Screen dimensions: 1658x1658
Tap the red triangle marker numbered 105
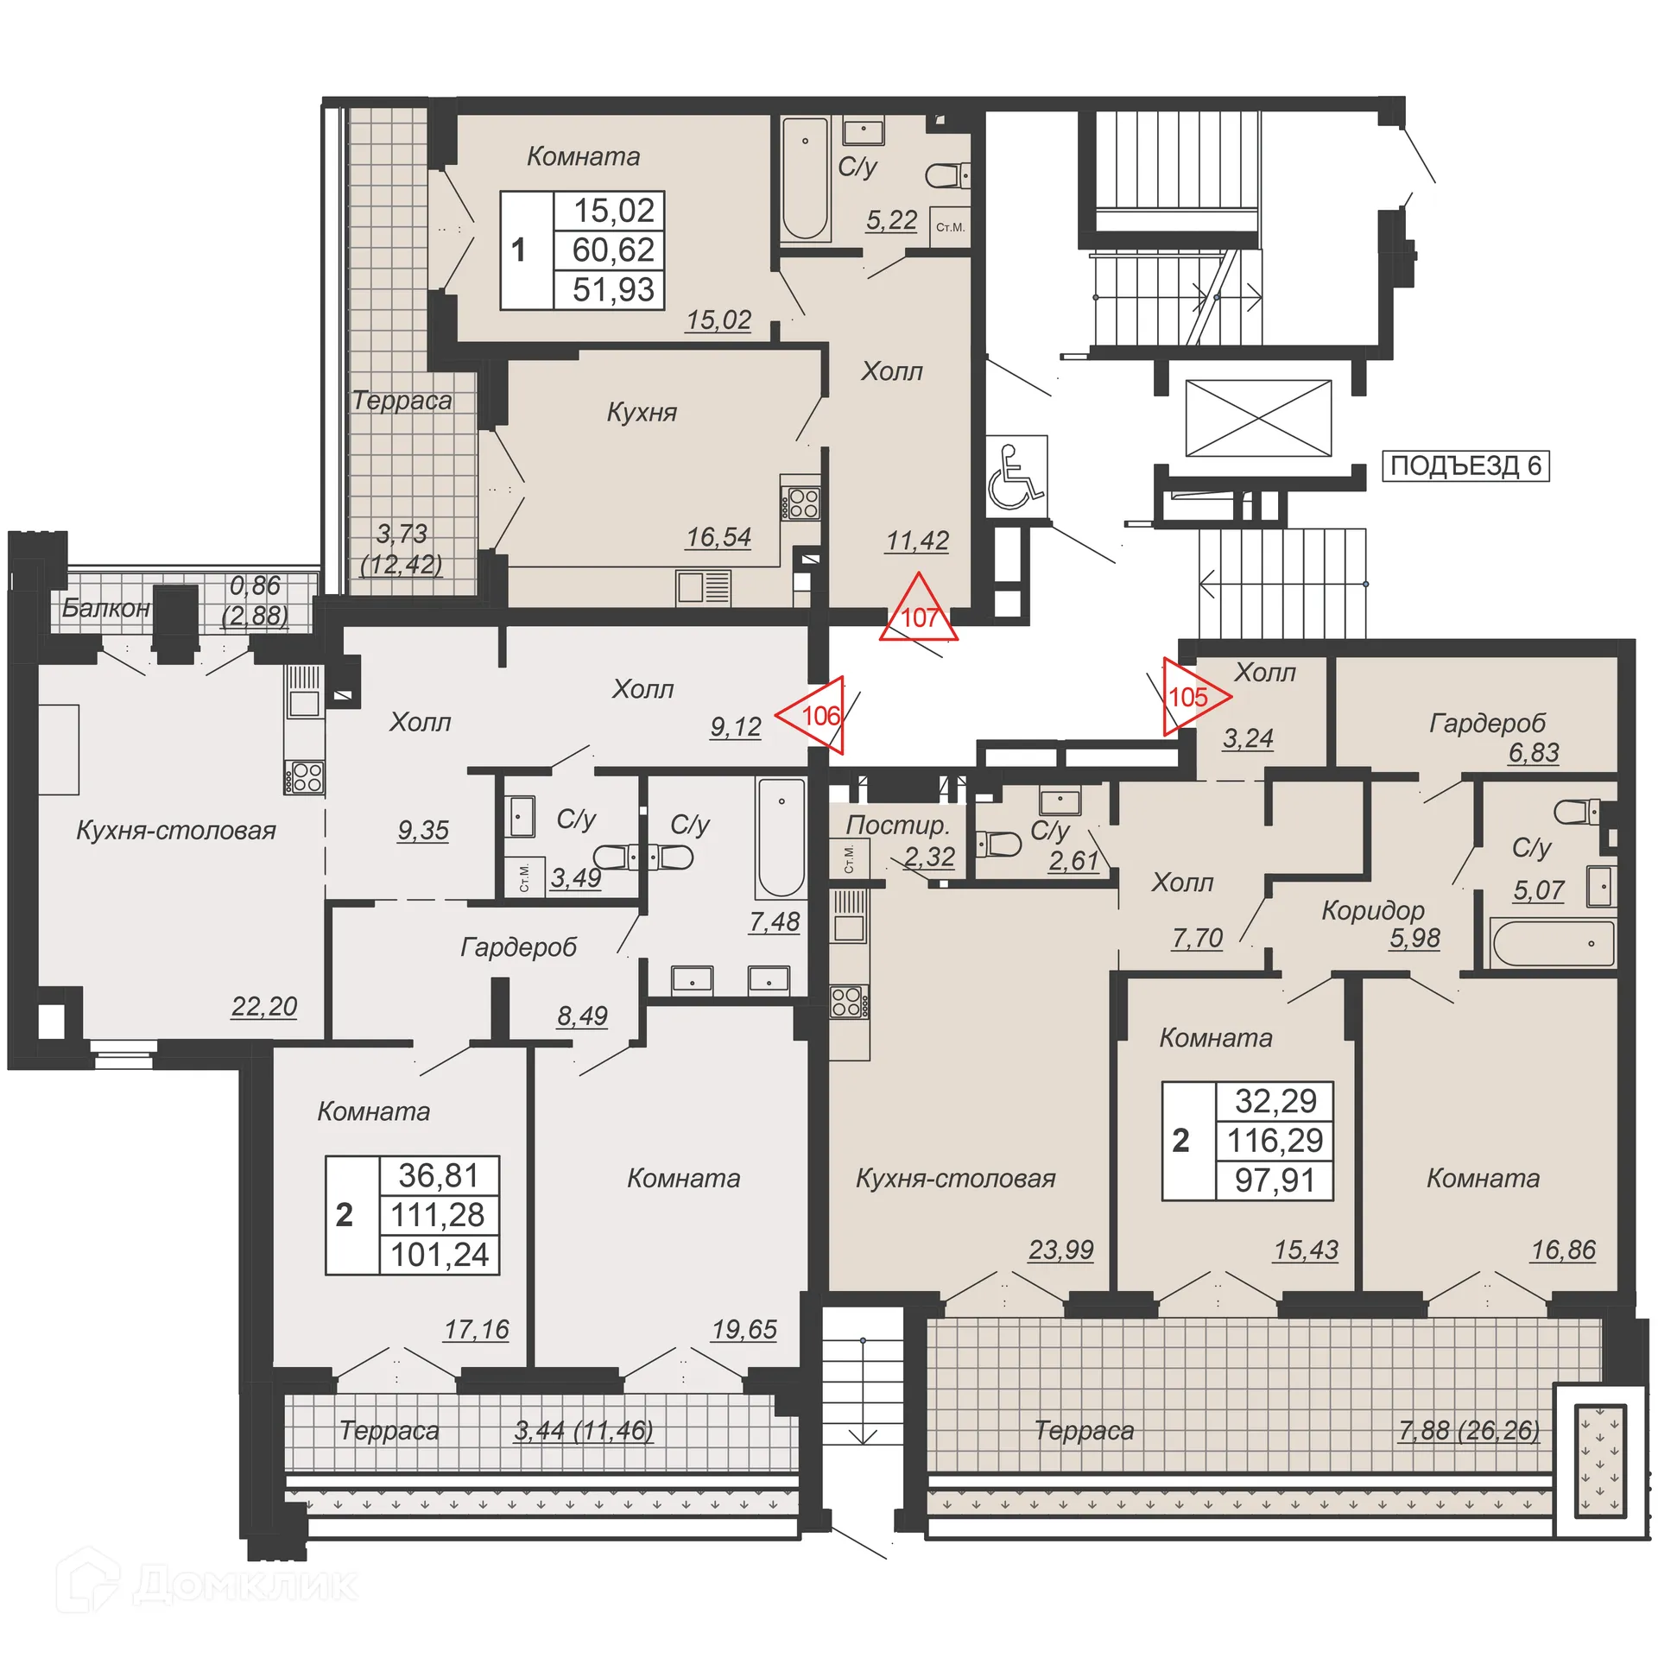click(1191, 696)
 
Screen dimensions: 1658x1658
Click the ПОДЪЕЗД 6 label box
click(1465, 465)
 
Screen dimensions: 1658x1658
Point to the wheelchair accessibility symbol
click(1016, 476)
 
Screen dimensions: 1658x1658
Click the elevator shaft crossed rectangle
click(1257, 418)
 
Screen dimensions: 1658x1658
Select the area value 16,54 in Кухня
click(718, 537)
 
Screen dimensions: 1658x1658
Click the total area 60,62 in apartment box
click(613, 250)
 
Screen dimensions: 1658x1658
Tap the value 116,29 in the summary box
click(1275, 1141)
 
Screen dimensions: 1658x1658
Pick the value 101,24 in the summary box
click(440, 1255)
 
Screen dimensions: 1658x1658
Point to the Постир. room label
click(896, 825)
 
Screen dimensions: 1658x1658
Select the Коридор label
click(1372, 910)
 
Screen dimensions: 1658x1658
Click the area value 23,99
click(1060, 1250)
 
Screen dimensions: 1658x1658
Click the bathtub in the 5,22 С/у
click(805, 179)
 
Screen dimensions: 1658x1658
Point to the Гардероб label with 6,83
click(1486, 723)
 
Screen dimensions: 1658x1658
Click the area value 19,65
click(744, 1329)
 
